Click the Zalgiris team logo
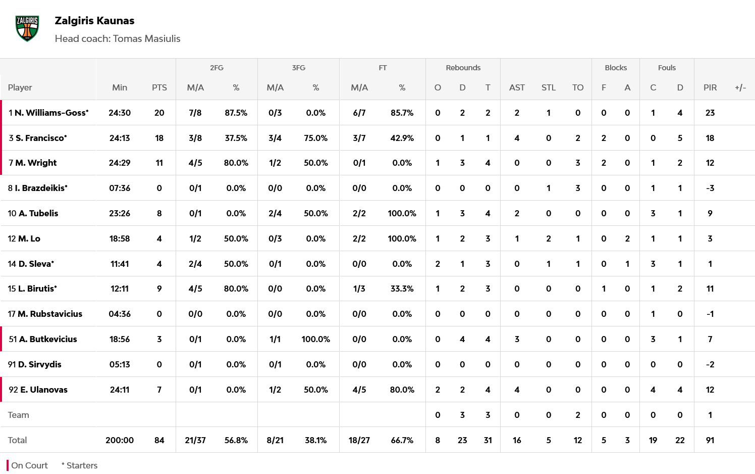tap(27, 28)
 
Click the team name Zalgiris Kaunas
tap(94, 21)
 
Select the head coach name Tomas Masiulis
tap(146, 39)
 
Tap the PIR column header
tap(710, 87)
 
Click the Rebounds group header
tap(463, 68)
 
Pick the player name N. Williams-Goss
tap(51, 113)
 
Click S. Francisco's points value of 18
tap(159, 138)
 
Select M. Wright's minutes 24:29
tap(120, 163)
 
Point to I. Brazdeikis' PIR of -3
tap(710, 188)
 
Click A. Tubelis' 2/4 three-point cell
tap(275, 213)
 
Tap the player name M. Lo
tap(29, 239)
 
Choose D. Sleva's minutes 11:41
tap(120, 264)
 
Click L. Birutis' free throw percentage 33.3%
tap(402, 289)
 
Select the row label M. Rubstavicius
tap(49, 314)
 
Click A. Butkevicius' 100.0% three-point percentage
tap(315, 339)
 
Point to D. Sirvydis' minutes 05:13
tap(120, 364)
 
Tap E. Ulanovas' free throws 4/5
tap(359, 390)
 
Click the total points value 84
tap(159, 440)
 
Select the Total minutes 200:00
tap(120, 440)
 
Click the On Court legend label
tap(29, 465)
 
